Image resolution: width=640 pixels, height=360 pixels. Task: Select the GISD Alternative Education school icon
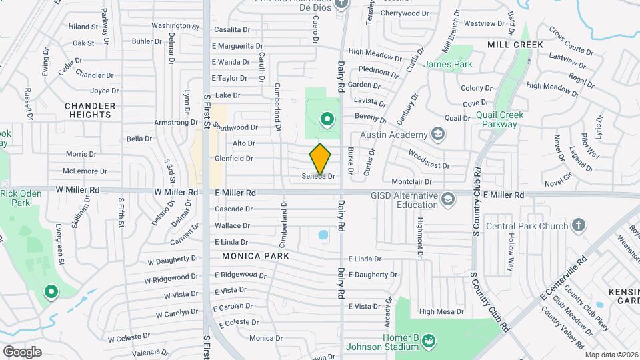[449, 199]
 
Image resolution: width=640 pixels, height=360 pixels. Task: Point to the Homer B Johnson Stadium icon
[429, 341]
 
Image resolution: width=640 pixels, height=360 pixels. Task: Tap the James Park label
[448, 65]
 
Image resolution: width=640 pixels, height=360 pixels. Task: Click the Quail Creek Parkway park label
[500, 119]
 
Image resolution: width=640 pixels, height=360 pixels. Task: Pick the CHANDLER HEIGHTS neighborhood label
[90, 110]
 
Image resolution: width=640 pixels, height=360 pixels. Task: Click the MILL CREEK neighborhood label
[515, 44]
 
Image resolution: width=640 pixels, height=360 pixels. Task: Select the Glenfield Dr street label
[234, 159]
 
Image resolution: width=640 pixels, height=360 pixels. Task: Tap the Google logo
[22, 351]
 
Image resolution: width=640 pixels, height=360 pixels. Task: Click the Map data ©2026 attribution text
[610, 355]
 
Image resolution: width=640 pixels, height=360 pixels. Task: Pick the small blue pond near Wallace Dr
[323, 235]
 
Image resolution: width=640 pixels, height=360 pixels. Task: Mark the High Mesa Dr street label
[441, 311]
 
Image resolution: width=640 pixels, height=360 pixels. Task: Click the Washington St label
[175, 26]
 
